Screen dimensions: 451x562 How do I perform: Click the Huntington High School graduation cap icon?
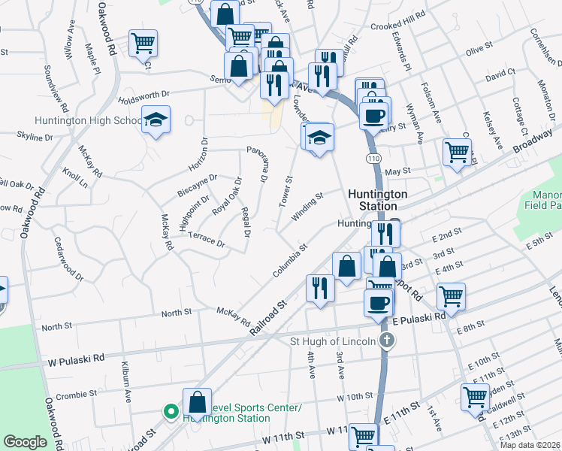tap(156, 120)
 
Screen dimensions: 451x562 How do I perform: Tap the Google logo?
tap(25, 442)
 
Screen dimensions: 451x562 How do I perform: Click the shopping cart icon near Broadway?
tap(457, 152)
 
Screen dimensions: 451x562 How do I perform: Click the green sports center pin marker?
tap(171, 412)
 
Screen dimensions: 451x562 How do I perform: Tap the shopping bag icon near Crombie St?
tap(197, 400)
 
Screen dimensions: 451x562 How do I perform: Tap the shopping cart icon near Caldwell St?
tap(476, 396)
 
